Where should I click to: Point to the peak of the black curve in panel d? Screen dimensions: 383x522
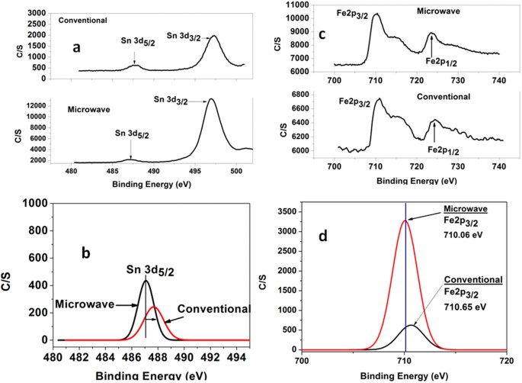click(412, 325)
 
